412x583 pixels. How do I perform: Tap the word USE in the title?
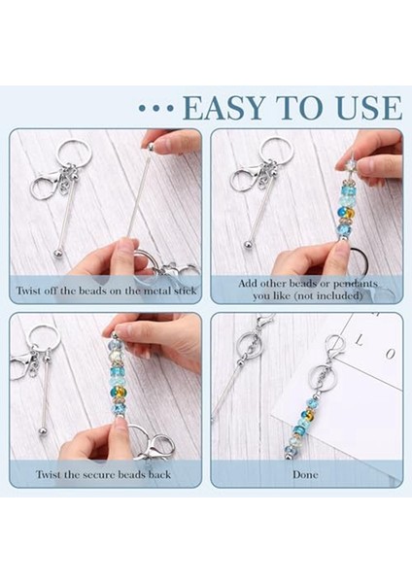click(x=372, y=108)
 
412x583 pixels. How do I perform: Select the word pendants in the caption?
click(x=355, y=285)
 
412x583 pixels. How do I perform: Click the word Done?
click(x=305, y=474)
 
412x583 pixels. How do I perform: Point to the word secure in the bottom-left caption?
click(x=97, y=475)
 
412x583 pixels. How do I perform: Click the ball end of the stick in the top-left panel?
click(x=57, y=254)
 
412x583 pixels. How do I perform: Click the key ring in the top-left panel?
click(x=75, y=154)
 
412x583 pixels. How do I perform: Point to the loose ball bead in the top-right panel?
click(x=248, y=246)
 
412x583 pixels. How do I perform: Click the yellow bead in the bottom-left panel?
click(x=118, y=393)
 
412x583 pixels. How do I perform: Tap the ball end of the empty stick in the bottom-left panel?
click(x=43, y=432)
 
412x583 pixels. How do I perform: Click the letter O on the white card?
click(x=390, y=354)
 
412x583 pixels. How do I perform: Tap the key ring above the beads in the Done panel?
click(x=319, y=377)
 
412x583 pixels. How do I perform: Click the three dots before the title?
click(x=156, y=108)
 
